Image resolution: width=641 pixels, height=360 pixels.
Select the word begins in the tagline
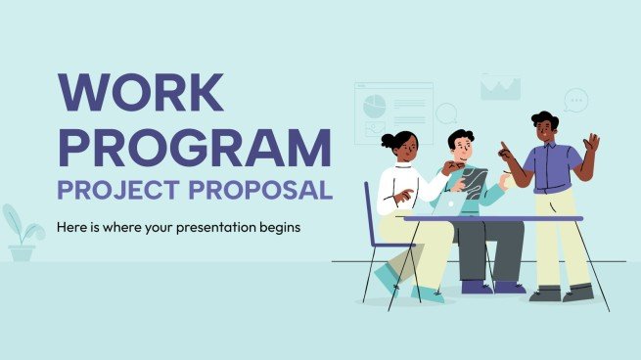278,227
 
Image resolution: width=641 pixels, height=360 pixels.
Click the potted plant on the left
22,234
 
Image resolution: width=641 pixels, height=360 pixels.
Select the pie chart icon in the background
374,103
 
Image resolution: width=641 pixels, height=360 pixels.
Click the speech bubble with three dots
575,99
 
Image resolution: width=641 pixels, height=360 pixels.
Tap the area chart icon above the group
500,87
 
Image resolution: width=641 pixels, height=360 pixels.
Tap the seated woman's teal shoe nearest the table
427,292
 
